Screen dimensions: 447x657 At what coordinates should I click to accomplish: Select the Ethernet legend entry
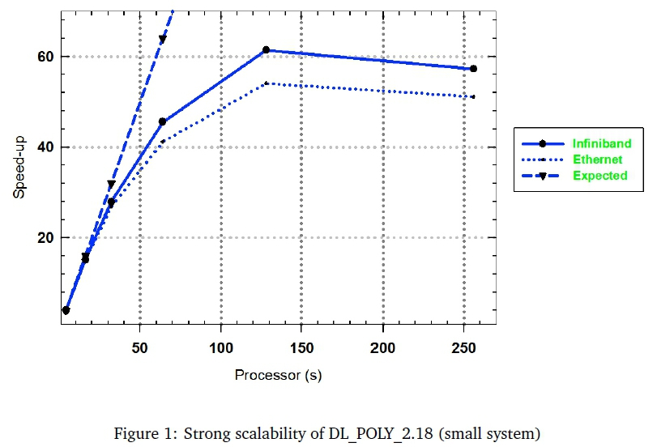[x=596, y=160]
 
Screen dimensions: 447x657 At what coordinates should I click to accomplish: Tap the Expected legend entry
[x=599, y=175]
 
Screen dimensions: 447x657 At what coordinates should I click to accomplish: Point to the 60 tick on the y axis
[x=44, y=57]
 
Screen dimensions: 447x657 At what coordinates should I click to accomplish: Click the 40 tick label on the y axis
[x=44, y=147]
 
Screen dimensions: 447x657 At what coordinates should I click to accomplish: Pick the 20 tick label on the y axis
[x=44, y=238]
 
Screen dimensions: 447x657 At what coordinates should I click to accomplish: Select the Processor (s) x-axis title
[x=272, y=375]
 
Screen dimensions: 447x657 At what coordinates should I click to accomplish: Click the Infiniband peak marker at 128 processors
[x=266, y=50]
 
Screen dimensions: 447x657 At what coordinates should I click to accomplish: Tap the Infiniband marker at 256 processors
[x=473, y=69]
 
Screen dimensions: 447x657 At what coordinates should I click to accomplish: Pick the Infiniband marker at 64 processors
[x=162, y=121]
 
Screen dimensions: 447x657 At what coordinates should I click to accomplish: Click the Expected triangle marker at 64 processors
[x=162, y=39]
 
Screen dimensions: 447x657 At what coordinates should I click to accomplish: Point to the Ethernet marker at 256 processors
[x=473, y=97]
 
